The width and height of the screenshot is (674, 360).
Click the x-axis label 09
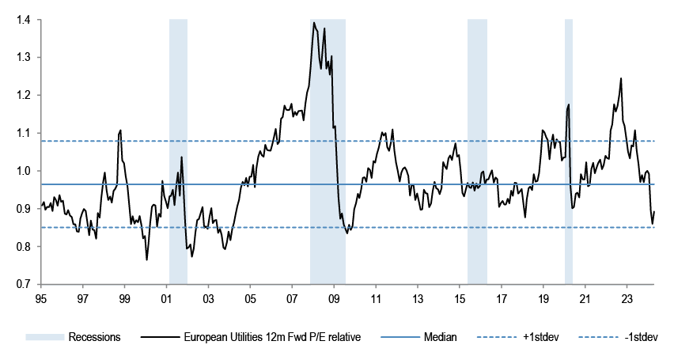[333, 299]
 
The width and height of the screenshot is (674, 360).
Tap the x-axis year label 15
[459, 299]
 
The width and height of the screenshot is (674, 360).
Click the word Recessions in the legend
[93, 337]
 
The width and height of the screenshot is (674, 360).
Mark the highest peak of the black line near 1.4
[314, 23]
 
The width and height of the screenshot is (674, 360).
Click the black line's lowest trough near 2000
[146, 259]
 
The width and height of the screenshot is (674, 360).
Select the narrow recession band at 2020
[568, 150]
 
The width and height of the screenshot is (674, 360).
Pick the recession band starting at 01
[178, 150]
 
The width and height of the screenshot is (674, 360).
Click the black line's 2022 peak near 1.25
[621, 78]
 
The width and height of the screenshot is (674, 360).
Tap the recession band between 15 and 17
[477, 150]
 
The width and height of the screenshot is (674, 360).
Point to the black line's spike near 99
[120, 131]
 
